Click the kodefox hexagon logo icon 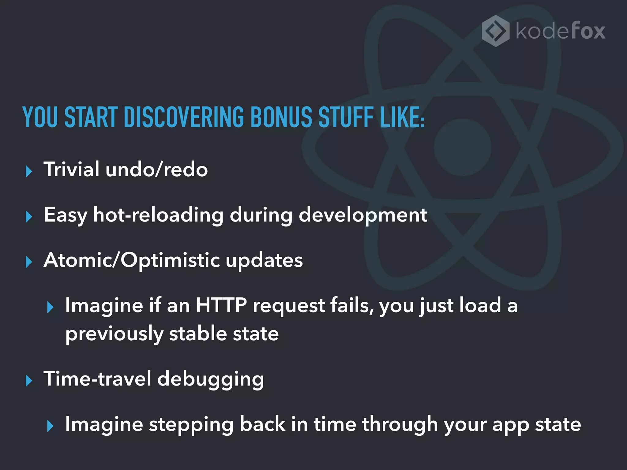(495, 31)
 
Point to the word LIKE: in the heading (402, 117)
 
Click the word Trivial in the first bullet (71, 169)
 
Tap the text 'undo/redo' (156, 169)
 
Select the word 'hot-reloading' (158, 215)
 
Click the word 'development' (362, 215)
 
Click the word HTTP (221, 305)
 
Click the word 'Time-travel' (97, 379)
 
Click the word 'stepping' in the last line (191, 425)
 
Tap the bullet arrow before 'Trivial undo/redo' (29, 171)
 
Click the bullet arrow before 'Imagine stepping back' (51, 426)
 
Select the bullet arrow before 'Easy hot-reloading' (29, 217)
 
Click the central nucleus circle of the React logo (462, 147)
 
